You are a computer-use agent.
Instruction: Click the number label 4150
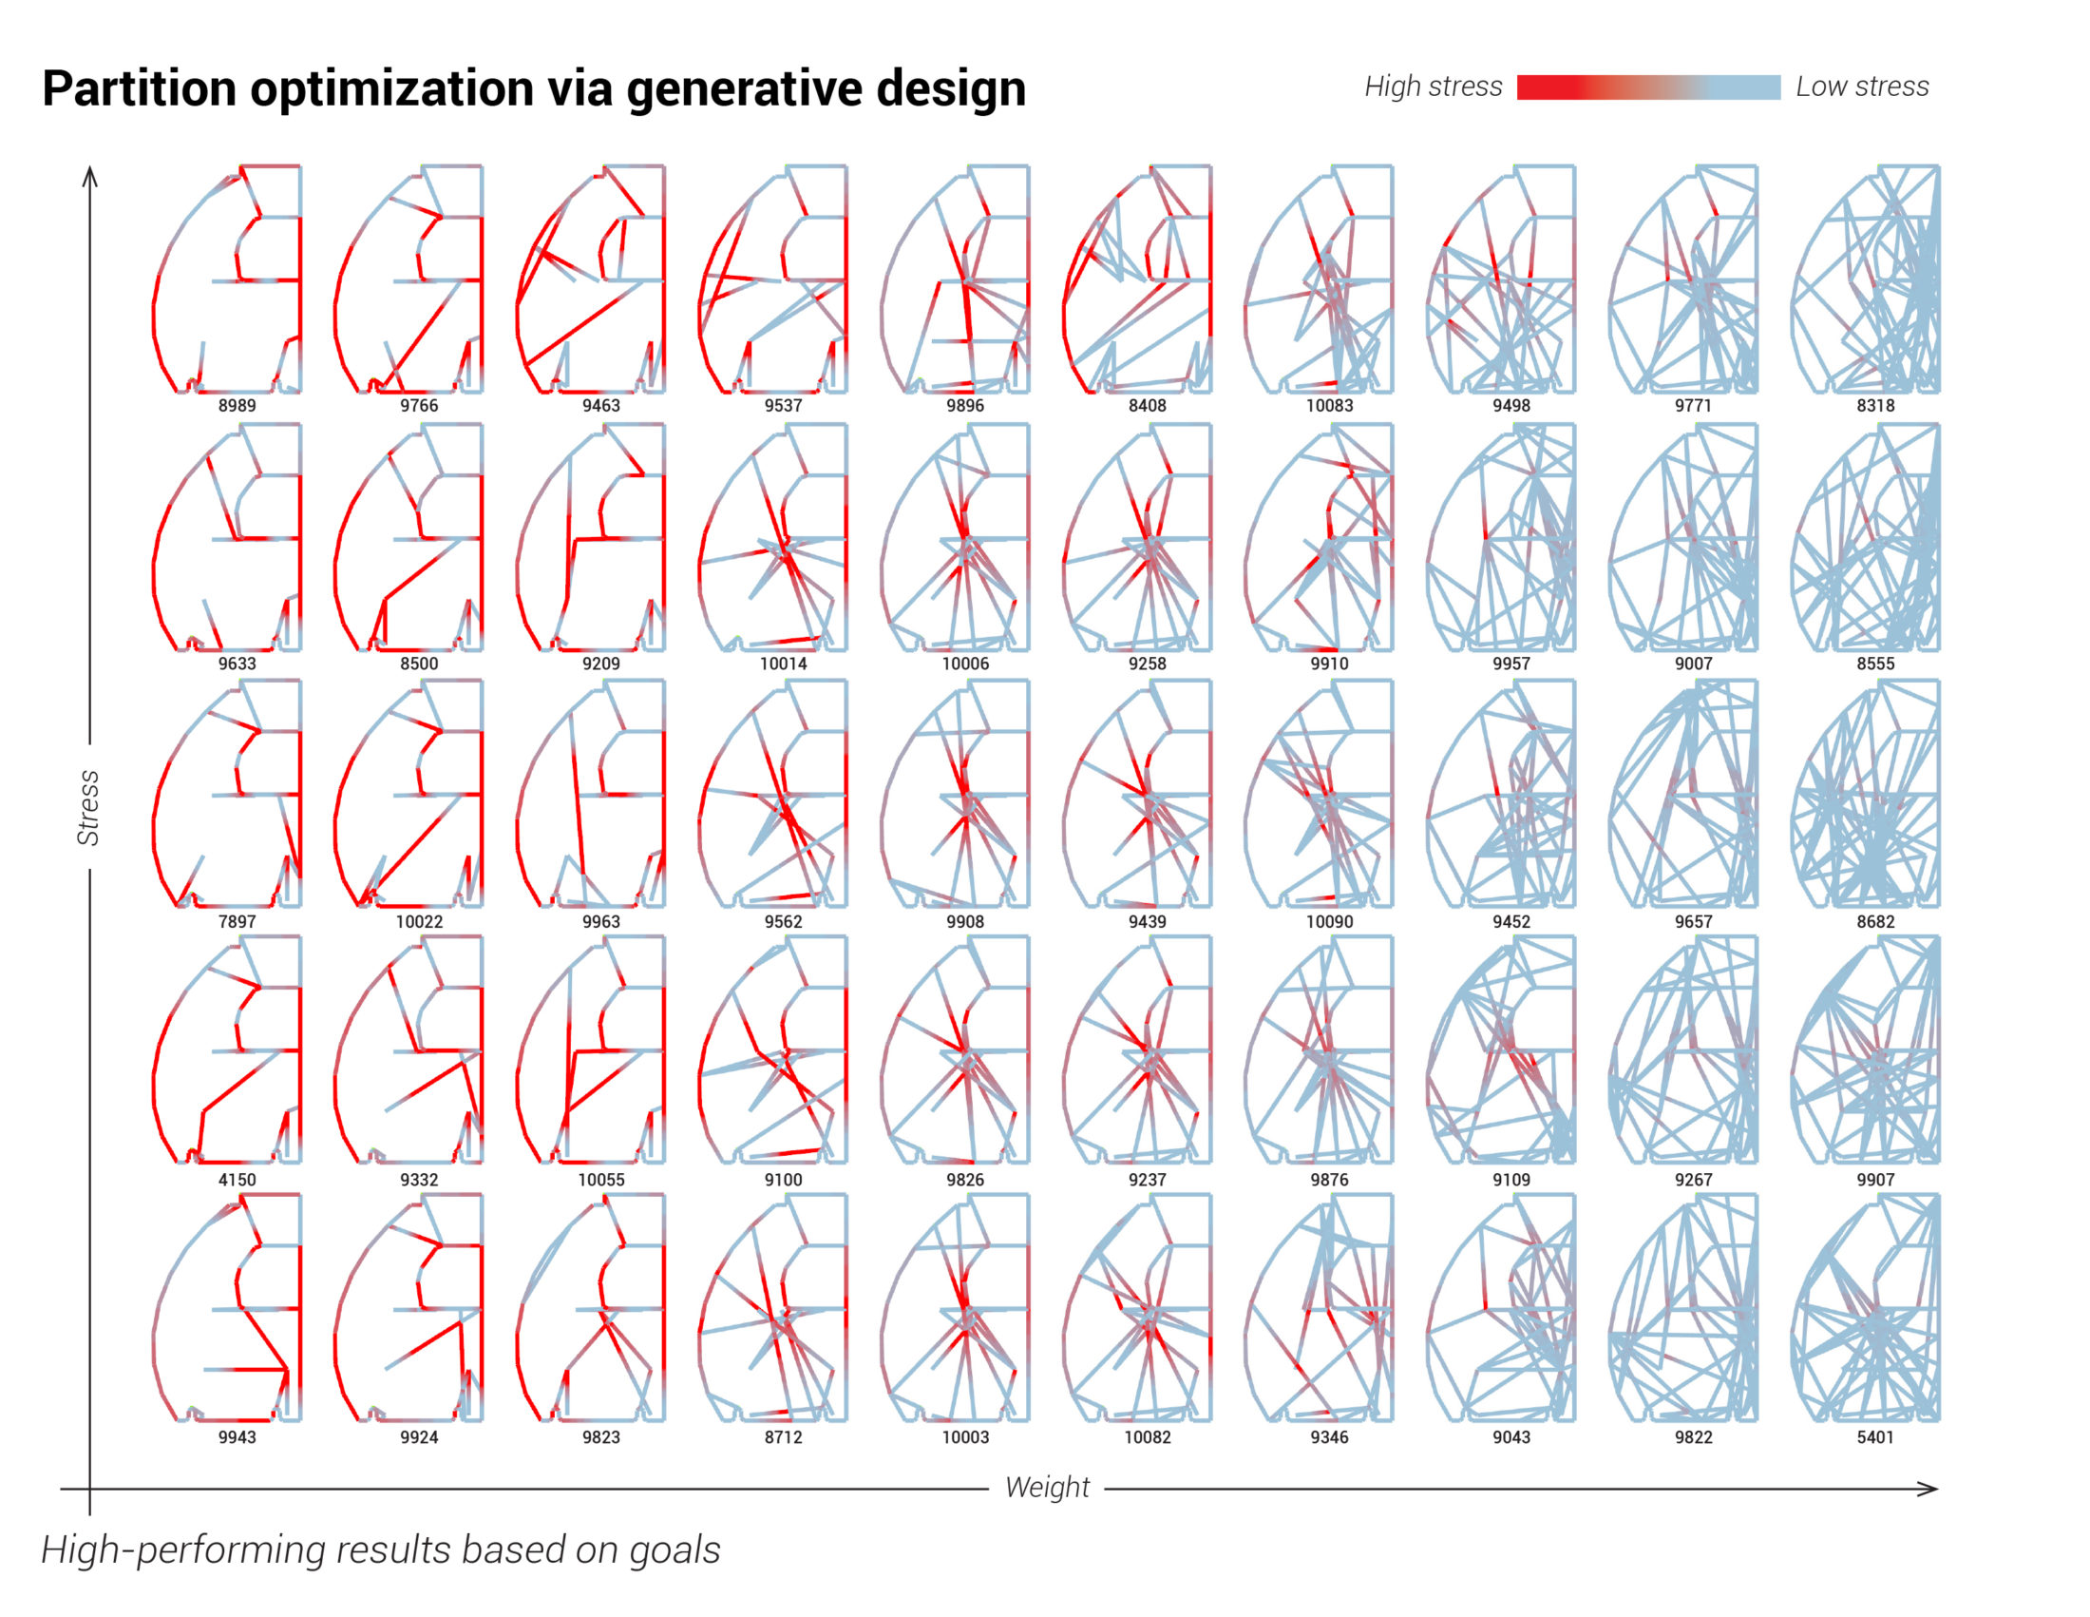coord(237,1180)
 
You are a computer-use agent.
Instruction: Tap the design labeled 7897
coord(228,794)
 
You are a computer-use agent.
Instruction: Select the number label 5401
coord(1874,1437)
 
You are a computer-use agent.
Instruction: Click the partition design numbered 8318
coord(1865,279)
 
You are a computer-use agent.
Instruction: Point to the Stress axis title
coord(88,807)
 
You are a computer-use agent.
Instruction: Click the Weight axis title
coord(1047,1487)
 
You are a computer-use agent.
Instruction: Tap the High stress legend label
coord(1433,87)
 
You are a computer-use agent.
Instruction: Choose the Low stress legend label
coord(1861,87)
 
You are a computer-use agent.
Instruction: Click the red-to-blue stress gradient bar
coord(1648,87)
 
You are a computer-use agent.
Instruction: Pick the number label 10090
coord(1329,921)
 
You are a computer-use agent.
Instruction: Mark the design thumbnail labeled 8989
coord(228,279)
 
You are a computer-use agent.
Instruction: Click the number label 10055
coord(601,1180)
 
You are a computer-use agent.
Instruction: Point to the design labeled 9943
coord(228,1308)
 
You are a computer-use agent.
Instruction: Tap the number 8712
coord(783,1437)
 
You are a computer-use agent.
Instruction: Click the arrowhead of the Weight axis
coord(1931,1489)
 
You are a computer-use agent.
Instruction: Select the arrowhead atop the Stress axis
coord(90,174)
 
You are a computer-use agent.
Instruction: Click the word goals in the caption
coord(674,1550)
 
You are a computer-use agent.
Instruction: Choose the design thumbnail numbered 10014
coord(773,537)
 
